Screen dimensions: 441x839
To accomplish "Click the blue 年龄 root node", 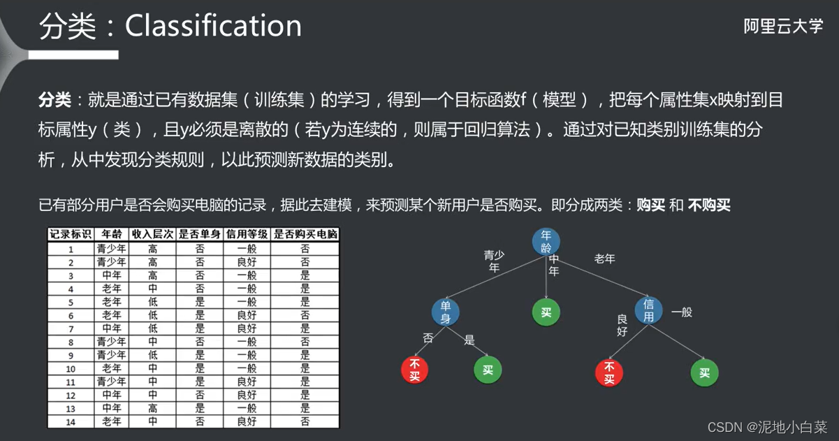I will (x=546, y=241).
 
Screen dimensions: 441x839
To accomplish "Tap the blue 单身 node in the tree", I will (x=445, y=311).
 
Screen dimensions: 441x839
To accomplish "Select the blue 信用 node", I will (x=648, y=310).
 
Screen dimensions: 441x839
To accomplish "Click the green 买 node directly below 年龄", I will (x=546, y=312).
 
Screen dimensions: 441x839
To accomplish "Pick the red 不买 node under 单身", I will (x=415, y=370).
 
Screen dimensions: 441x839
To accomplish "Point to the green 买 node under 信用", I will (x=704, y=373).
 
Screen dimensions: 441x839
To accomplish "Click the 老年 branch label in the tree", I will (x=604, y=259).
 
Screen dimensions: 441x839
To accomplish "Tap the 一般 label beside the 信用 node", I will (x=681, y=312).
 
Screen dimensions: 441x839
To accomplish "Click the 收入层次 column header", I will (x=152, y=234).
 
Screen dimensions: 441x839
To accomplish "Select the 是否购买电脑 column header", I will (x=305, y=234).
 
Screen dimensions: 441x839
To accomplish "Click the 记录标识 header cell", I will (x=70, y=234).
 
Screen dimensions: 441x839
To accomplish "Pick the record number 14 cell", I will (x=70, y=421).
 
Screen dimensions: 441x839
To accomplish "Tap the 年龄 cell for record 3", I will (x=112, y=275).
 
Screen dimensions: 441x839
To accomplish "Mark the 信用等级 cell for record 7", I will (x=247, y=328).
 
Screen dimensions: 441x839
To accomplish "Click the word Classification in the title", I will (x=213, y=27).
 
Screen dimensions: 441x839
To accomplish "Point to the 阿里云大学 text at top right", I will (x=783, y=27).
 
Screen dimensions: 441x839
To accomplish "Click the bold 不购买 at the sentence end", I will (x=709, y=205).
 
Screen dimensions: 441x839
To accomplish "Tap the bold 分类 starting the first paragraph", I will (x=54, y=101).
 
